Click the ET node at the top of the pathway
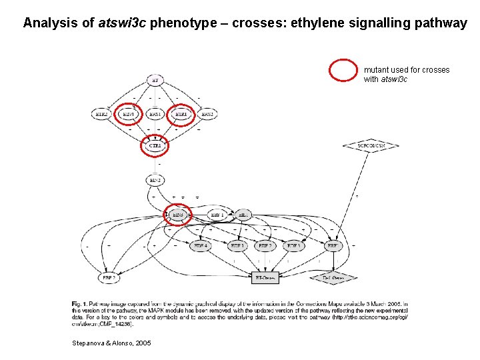155,81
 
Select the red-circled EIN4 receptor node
128,114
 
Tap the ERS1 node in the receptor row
155,114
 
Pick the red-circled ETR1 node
181,114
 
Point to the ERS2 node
207,114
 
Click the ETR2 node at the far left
102,114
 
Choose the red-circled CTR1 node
155,145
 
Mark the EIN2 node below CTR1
155,180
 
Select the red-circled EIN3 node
178,215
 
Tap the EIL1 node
243,215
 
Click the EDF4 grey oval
200,246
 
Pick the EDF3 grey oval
293,246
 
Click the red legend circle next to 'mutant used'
345,70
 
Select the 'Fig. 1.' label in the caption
79,304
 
